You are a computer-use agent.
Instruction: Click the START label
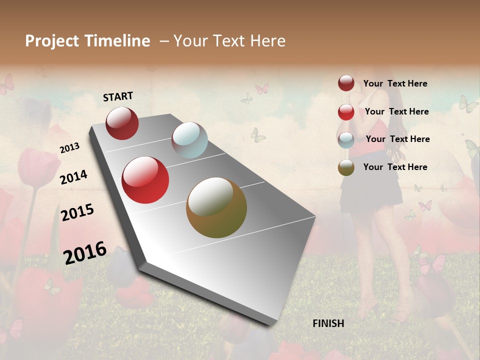[x=118, y=96]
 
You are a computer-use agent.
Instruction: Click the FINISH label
[x=328, y=323]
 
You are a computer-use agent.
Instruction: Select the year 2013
[x=70, y=148]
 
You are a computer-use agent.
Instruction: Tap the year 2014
[x=74, y=177]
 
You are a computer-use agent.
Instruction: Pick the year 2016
[x=85, y=252]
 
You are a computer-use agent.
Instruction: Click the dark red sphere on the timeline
[x=122, y=123]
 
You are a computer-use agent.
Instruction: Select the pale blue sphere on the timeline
[x=189, y=140]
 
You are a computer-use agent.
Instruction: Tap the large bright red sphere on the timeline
[x=145, y=180]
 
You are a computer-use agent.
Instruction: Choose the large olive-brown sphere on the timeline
[x=216, y=207]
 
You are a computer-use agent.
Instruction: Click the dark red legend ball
[x=346, y=83]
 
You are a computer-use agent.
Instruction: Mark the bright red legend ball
[x=346, y=112]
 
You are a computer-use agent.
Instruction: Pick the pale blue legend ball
[x=346, y=140]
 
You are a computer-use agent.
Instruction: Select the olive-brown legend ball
[x=346, y=167]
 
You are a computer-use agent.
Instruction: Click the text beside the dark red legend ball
[x=395, y=83]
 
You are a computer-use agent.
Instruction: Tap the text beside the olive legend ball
[x=395, y=167]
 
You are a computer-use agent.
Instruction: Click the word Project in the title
[x=51, y=41]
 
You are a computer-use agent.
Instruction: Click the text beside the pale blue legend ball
[x=397, y=139]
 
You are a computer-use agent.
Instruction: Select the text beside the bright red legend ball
[x=396, y=111]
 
